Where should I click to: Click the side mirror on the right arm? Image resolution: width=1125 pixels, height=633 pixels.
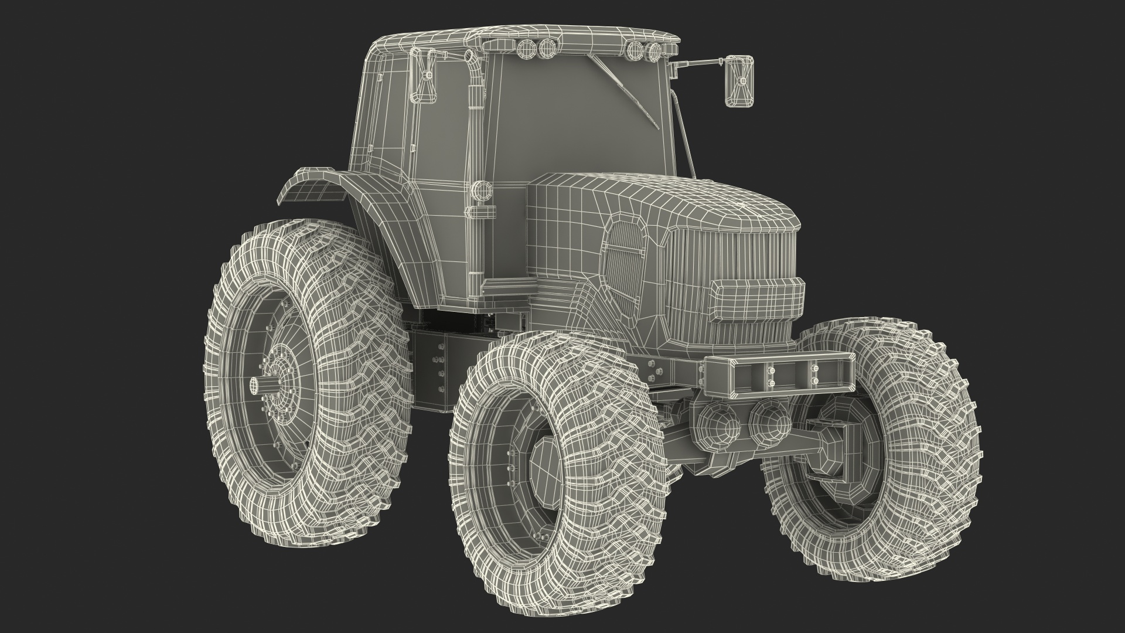click(x=739, y=81)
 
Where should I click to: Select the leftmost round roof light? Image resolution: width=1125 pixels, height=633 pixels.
click(x=526, y=49)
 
